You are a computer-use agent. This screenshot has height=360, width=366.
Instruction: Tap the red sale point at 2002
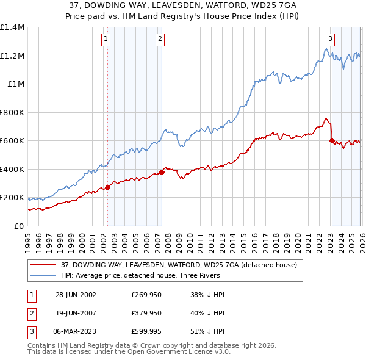107,187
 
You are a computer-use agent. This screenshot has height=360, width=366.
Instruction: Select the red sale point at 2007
162,172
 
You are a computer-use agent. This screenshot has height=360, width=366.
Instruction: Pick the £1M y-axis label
16,84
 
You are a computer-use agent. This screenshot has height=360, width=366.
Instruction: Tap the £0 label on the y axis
19,226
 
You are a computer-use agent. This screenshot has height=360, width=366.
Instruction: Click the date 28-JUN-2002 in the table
76,294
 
